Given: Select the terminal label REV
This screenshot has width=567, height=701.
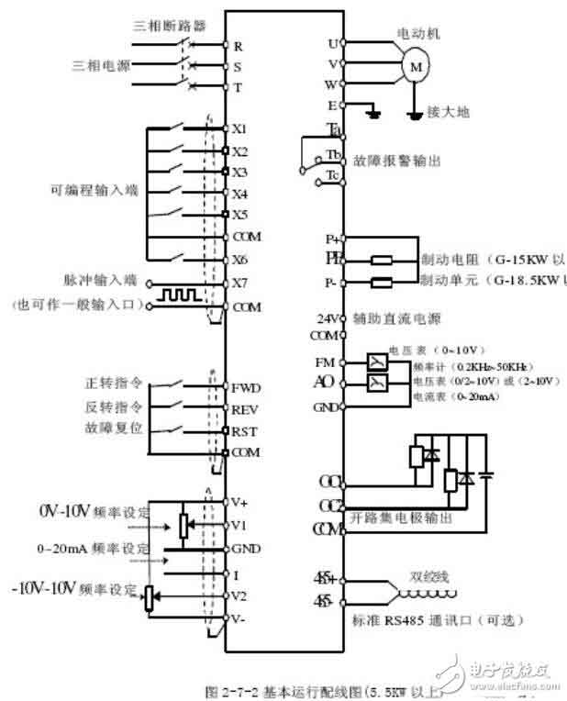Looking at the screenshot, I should point(246,408).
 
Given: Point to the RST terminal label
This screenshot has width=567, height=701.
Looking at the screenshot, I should point(245,430).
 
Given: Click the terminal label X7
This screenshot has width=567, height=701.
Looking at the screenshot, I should point(240,283).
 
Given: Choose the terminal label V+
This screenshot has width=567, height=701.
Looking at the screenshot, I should point(240,502).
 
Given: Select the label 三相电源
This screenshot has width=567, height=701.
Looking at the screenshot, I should point(100,65).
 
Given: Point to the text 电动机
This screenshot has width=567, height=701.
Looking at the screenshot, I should point(419,33).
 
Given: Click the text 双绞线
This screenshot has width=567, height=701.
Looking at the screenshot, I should point(426,580).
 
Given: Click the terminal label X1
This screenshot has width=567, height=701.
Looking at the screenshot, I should point(240,129).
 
